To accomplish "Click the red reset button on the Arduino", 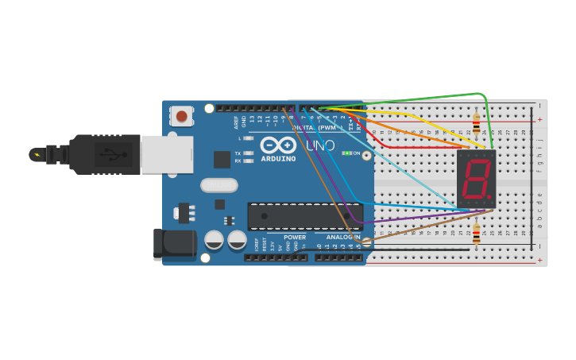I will tap(182, 117).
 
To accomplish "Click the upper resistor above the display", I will tap(476, 123).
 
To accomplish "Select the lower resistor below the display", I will tap(476, 234).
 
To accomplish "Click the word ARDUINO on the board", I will tap(277, 158).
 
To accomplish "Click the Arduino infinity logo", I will tap(278, 145).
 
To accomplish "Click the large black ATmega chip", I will tap(305, 216).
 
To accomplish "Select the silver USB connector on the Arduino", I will tap(167, 153).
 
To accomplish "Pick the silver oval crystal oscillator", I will tap(218, 185).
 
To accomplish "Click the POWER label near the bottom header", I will tap(295, 237).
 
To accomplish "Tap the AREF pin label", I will tap(236, 122).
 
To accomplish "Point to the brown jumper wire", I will tap(413, 230).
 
